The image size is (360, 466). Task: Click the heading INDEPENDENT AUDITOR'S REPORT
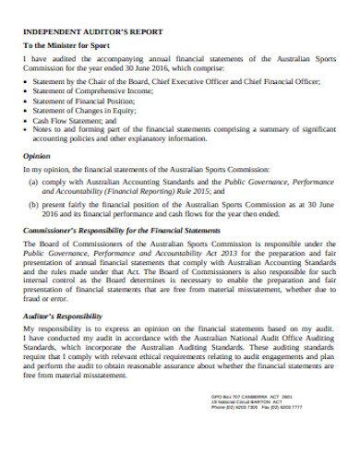click(81, 30)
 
